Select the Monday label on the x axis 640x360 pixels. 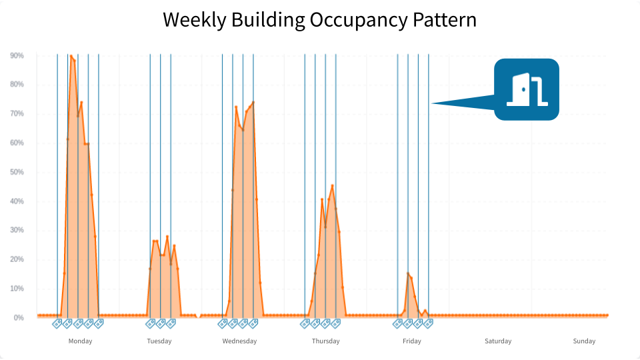81,341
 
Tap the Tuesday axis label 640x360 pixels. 159,341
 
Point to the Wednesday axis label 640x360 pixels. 239,341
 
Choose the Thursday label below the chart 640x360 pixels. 325,341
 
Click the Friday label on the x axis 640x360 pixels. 412,341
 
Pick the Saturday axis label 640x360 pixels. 498,341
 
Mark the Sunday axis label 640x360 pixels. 584,341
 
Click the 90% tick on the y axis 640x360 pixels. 17,56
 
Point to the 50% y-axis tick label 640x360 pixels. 17,172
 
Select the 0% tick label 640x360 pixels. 19,318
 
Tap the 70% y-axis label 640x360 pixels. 17,114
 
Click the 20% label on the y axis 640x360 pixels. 17,259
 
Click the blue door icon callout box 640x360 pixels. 526,89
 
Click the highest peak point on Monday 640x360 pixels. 71,57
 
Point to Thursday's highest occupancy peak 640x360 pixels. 332,186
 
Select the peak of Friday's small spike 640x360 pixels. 408,273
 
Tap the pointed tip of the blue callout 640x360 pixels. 432,103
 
